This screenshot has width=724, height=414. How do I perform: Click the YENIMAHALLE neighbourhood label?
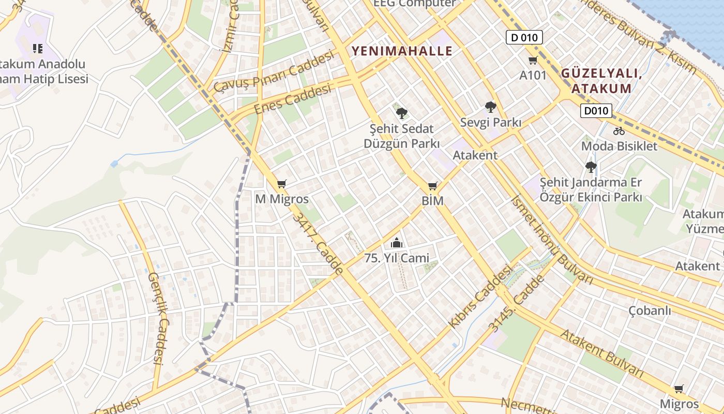point(402,51)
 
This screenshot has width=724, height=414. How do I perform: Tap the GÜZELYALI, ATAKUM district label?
point(601,81)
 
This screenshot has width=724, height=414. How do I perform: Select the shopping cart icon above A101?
point(533,60)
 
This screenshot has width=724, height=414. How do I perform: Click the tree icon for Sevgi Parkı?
point(490,107)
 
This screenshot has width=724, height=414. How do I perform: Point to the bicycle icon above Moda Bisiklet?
point(619,131)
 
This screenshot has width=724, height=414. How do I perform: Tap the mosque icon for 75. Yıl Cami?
point(396,243)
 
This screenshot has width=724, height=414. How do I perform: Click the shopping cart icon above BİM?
point(432,186)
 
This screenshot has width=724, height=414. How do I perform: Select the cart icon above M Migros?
point(281,184)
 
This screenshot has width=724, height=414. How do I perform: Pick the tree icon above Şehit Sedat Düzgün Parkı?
point(401,113)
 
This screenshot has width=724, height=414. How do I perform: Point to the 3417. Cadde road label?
point(318,243)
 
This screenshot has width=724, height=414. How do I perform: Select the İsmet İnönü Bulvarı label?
point(551,239)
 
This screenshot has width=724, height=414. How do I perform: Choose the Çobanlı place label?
point(650,310)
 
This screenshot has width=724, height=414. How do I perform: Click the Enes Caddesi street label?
point(293,100)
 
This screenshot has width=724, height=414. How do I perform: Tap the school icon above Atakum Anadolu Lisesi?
point(38,49)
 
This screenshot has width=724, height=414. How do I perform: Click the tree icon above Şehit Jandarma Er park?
point(591,167)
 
